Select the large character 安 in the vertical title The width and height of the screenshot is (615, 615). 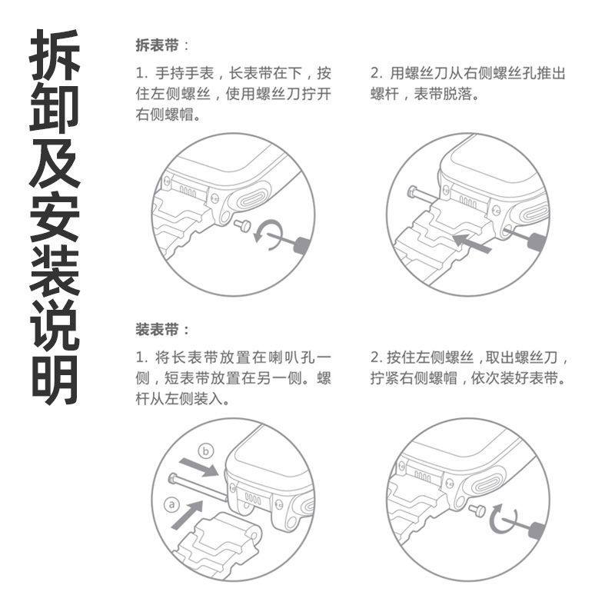[55, 217]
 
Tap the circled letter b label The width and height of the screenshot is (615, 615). [204, 450]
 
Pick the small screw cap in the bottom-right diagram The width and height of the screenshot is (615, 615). [478, 510]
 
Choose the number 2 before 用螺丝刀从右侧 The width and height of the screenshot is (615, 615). [375, 74]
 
